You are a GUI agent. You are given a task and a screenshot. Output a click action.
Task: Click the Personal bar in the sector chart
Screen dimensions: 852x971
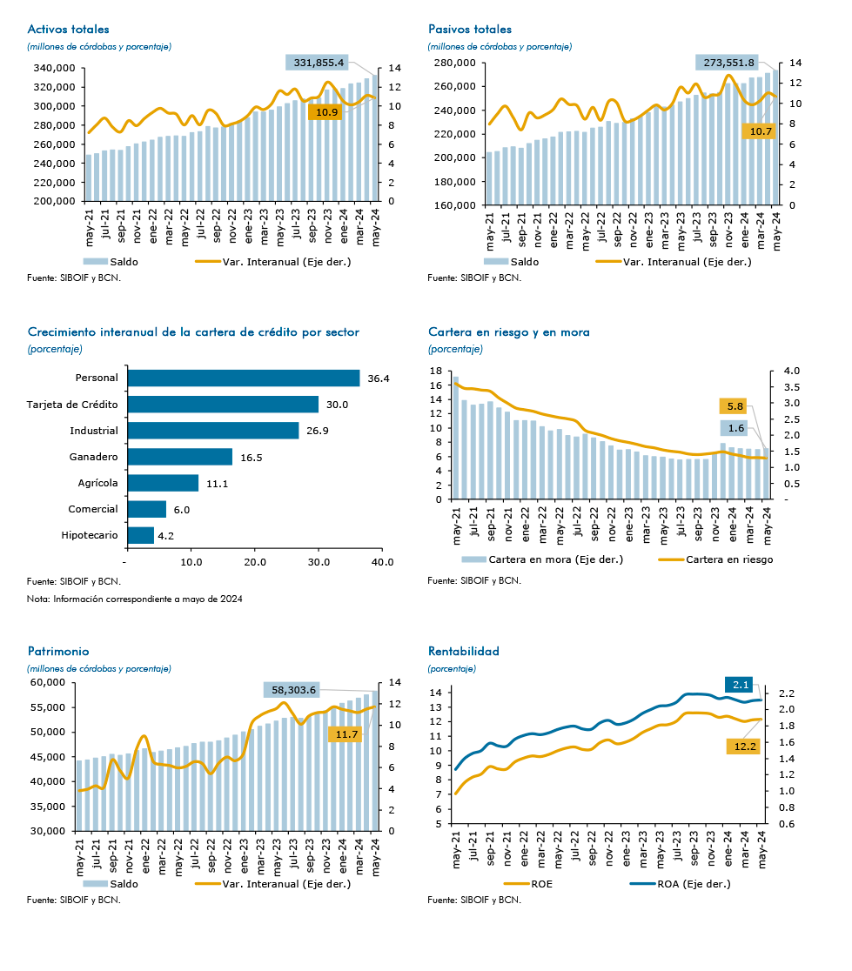[x=244, y=378]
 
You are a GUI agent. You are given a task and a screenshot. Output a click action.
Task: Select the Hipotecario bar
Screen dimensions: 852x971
[x=141, y=535]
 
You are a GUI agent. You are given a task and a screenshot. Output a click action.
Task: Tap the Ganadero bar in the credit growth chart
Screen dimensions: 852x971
[x=180, y=457]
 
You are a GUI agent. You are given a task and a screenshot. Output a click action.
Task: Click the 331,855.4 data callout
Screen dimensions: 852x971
[x=317, y=63]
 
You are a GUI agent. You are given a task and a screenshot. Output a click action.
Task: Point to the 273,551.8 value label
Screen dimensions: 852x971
[x=728, y=63]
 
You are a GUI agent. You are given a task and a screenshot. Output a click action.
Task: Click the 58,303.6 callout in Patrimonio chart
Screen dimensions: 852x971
[x=293, y=690]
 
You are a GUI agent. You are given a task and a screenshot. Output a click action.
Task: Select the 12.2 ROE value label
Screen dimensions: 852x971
[x=745, y=747]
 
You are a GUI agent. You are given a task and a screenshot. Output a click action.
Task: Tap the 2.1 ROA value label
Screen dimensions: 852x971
[x=741, y=685]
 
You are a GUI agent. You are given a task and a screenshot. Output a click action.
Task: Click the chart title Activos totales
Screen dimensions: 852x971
[x=68, y=29]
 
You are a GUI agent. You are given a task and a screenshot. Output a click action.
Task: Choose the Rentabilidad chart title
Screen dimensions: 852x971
[x=463, y=651]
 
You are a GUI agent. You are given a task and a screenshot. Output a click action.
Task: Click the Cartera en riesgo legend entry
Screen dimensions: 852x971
[x=715, y=559]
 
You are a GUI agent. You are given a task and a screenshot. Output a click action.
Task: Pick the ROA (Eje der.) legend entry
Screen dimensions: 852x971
[x=681, y=884]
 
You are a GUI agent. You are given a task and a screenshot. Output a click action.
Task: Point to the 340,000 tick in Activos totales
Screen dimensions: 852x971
[x=54, y=68]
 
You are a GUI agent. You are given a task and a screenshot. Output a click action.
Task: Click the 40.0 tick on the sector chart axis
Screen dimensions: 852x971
[x=382, y=562]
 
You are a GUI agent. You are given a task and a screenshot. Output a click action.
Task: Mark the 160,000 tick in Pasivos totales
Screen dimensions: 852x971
[x=454, y=205]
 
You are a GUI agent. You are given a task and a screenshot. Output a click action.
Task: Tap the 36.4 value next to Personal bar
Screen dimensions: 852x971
[x=379, y=378]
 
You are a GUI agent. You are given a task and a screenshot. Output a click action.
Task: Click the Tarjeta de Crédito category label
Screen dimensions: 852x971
[x=72, y=405]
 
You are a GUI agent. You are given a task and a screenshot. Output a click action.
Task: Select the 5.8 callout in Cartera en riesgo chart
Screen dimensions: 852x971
[x=735, y=406]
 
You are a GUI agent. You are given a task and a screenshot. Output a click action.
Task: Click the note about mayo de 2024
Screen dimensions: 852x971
[x=134, y=599]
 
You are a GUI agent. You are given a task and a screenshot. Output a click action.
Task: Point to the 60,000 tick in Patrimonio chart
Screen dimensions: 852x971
[x=48, y=682]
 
